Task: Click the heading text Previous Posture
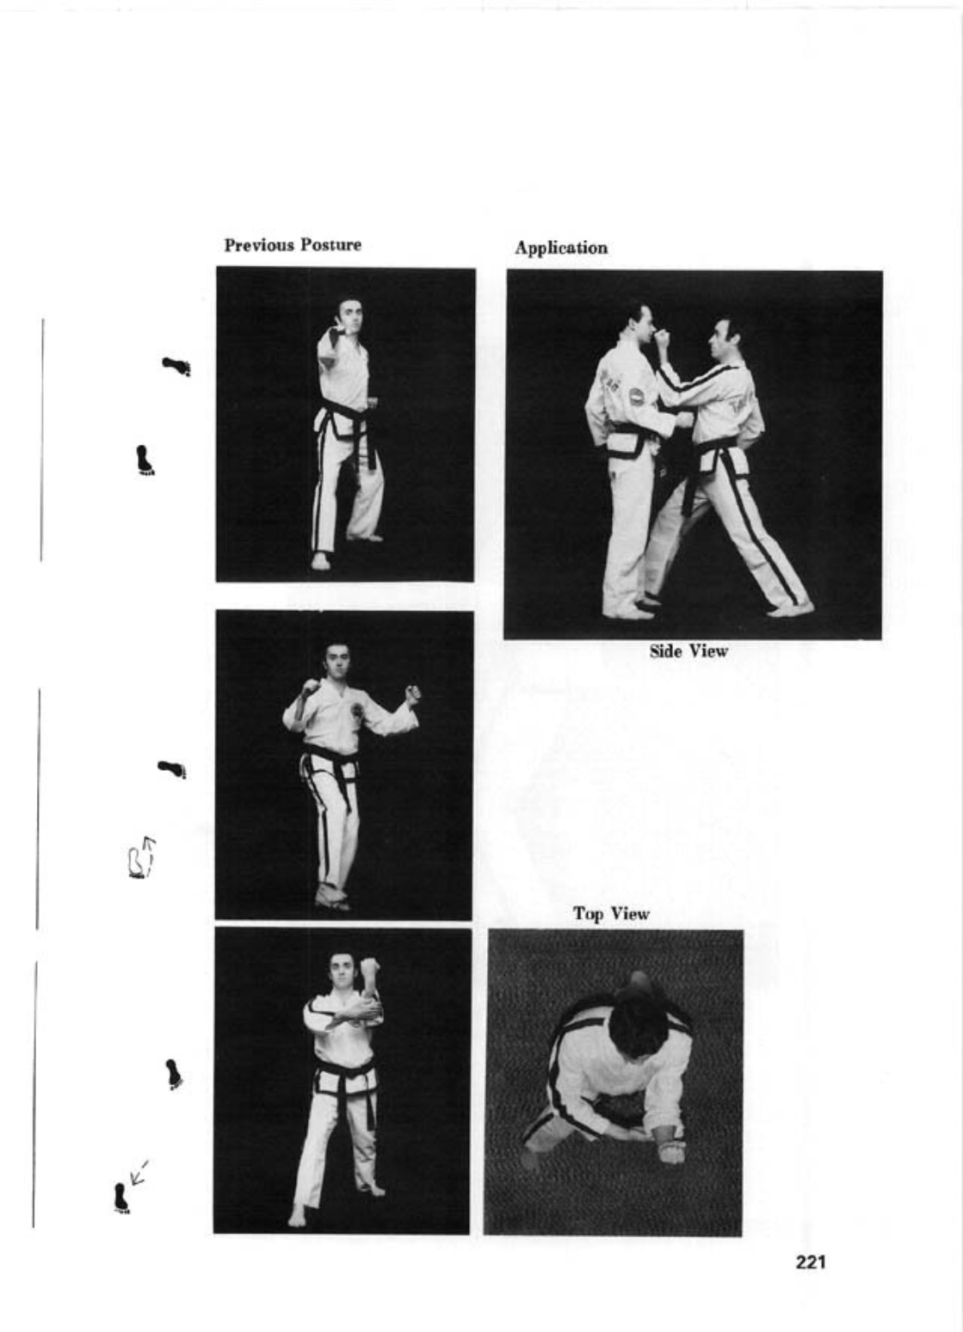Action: pos(293,245)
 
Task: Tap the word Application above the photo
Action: pos(560,248)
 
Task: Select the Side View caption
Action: pos(688,651)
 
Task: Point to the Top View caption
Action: pos(611,914)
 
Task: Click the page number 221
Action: pos(810,1262)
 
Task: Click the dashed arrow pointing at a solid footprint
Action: pos(138,1171)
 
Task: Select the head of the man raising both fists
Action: pos(336,661)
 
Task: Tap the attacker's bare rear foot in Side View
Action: pos(789,609)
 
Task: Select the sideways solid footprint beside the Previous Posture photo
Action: pos(177,367)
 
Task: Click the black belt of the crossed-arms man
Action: pos(344,1076)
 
